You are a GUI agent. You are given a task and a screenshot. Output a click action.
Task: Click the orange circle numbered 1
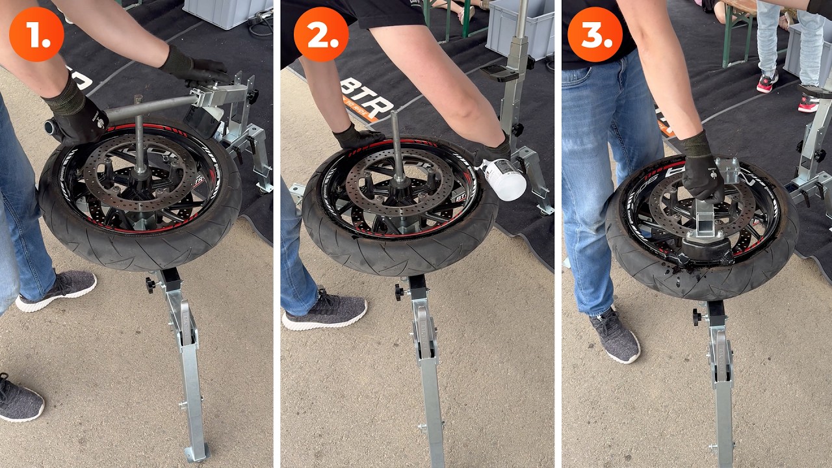(x=36, y=34)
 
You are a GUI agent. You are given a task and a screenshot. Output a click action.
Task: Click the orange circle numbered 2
(x=320, y=34)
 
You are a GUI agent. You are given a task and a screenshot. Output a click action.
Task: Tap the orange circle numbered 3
(x=595, y=34)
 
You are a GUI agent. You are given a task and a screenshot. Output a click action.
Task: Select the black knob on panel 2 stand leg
(x=399, y=292)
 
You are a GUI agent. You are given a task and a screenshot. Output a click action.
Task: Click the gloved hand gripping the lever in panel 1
(x=73, y=115)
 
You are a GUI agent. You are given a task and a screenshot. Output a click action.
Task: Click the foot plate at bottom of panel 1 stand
(x=196, y=452)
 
